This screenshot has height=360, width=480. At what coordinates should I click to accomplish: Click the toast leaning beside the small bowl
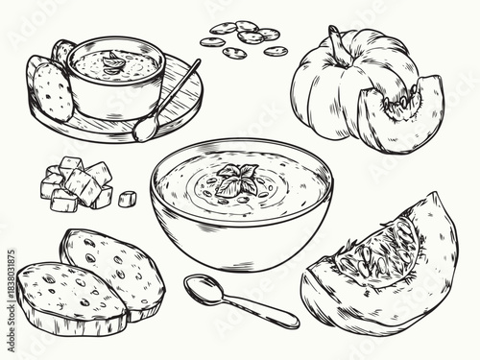point(50,86)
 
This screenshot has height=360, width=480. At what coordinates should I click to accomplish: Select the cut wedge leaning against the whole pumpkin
point(403,115)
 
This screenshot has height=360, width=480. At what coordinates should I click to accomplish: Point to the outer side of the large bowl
point(240,240)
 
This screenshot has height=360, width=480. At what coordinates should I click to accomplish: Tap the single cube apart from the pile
point(128,199)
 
